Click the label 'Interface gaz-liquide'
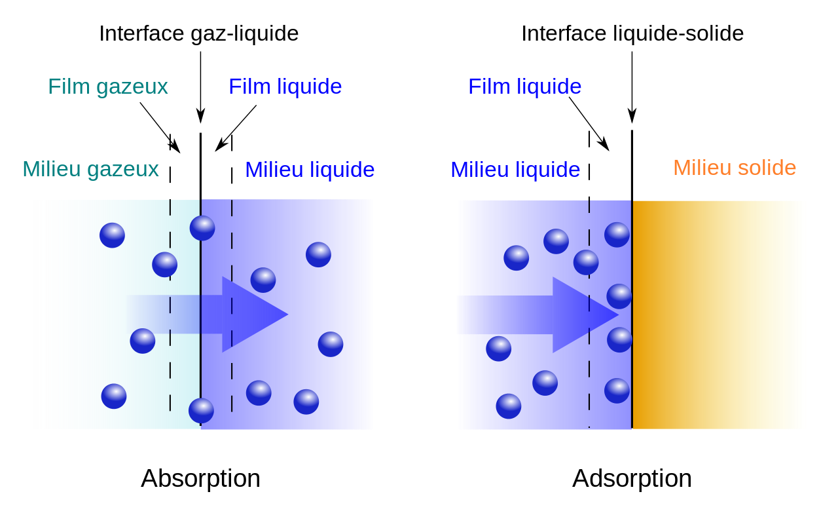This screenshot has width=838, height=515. [x=198, y=34]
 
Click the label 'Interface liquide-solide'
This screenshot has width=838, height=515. [x=632, y=33]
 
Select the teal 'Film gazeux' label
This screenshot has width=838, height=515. [x=108, y=87]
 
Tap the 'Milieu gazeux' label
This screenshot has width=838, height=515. [x=90, y=169]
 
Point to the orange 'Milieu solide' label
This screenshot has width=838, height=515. [x=735, y=167]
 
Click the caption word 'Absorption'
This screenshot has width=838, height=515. [x=200, y=479]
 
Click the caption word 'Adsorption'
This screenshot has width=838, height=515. [x=632, y=479]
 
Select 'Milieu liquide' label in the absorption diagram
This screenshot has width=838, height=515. [x=310, y=170]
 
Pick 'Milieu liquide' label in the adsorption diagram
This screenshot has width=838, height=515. [x=515, y=170]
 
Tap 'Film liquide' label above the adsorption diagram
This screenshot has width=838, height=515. [x=525, y=87]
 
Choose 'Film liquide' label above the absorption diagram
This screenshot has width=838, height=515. [x=285, y=87]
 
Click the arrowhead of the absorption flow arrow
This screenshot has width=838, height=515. [x=255, y=315]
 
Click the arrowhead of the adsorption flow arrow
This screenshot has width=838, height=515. [x=585, y=315]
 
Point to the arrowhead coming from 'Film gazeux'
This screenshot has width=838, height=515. [x=175, y=147]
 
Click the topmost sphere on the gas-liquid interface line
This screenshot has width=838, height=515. [x=202, y=228]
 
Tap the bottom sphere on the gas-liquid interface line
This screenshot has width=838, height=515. [x=201, y=411]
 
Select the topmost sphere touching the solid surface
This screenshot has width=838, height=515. [x=617, y=235]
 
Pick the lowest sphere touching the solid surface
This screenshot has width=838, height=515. [x=617, y=391]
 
